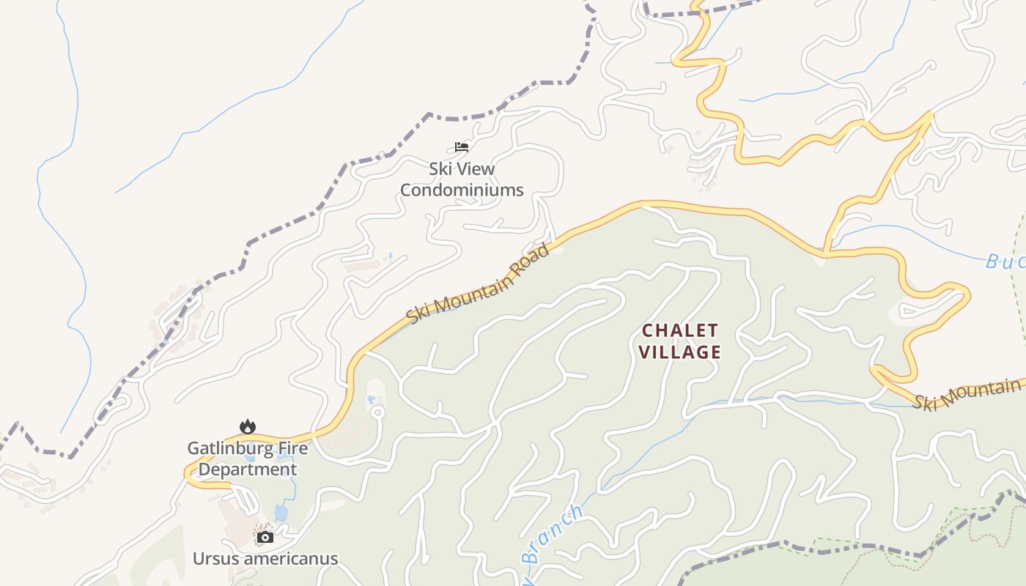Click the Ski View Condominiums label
462,179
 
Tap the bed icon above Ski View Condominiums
462,147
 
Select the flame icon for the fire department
248,426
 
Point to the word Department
248,470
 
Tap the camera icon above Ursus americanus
265,537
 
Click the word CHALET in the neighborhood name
679,330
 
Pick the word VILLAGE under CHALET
679,352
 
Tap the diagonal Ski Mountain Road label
478,284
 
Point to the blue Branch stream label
553,533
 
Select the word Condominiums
462,190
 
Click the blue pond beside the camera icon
281,512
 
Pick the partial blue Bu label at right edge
1004,261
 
